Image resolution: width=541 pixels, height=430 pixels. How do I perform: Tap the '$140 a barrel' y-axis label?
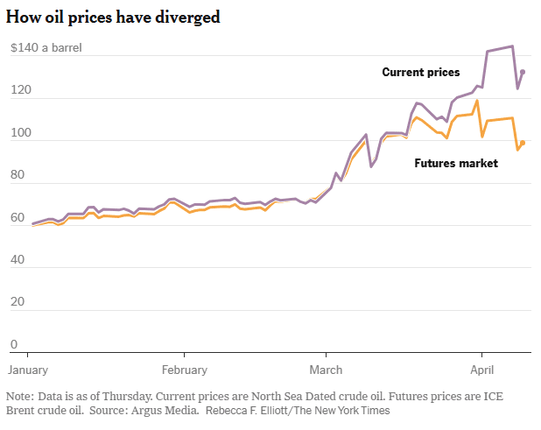[x=46, y=48]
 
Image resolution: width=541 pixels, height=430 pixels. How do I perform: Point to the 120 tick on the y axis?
[x=18, y=91]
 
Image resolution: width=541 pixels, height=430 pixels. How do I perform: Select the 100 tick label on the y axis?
[x=18, y=133]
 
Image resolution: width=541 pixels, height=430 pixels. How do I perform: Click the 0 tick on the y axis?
[x=13, y=345]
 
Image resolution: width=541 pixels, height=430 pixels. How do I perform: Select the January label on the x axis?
[x=32, y=370]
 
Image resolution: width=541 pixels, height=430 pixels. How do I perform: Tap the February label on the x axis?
[x=184, y=370]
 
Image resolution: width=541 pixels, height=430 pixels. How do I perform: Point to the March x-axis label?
[x=327, y=370]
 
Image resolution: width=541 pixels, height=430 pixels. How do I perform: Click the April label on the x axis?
[x=482, y=370]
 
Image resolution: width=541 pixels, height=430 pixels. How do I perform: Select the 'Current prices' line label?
[x=421, y=73]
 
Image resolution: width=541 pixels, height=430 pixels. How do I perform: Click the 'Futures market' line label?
[x=455, y=163]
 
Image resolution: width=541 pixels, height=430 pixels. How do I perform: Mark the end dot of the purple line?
[x=523, y=72]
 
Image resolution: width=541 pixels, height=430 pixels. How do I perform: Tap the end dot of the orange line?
[x=523, y=143]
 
